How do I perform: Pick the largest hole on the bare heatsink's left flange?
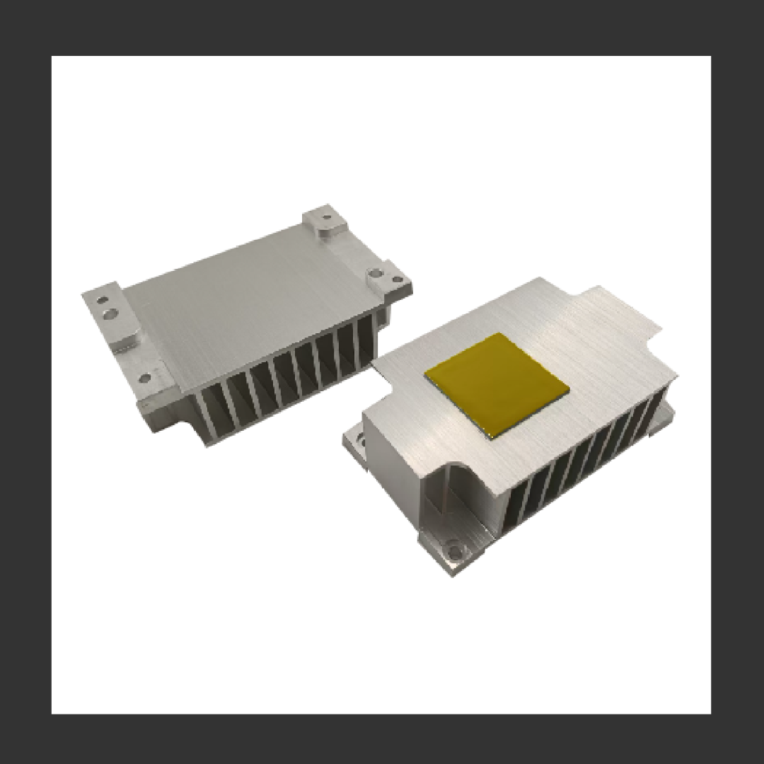tap(110, 311)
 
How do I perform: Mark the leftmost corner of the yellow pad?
tap(425, 373)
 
